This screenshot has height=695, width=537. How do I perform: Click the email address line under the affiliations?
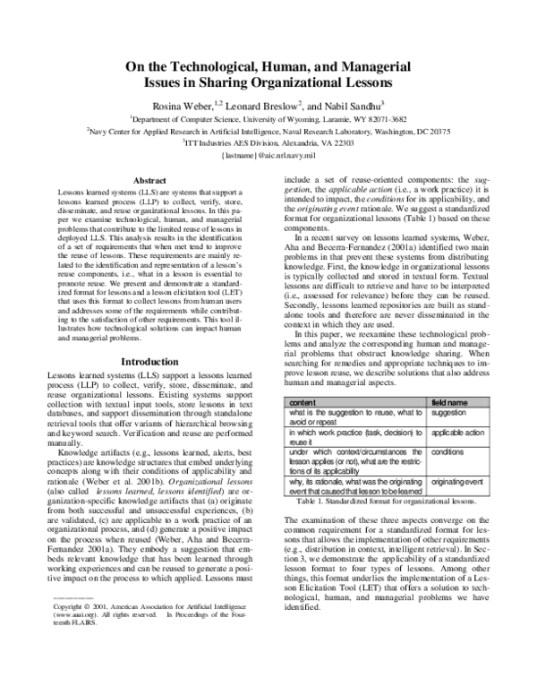pyautogui.click(x=268, y=155)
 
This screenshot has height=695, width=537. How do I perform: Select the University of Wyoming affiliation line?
pyautogui.click(x=268, y=117)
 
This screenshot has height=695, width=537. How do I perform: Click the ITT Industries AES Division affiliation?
pyautogui.click(x=268, y=142)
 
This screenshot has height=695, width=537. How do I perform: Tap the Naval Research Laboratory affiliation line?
pyautogui.click(x=268, y=130)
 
